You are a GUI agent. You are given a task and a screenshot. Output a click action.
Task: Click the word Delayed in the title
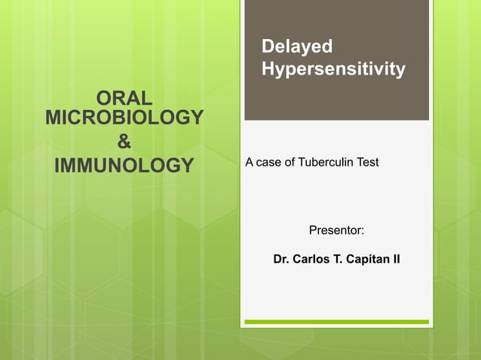[296, 47]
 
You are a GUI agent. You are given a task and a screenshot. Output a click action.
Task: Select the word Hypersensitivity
[332, 69]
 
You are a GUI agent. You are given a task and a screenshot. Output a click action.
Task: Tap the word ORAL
[124, 99]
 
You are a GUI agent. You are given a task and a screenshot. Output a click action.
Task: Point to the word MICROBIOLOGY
[124, 118]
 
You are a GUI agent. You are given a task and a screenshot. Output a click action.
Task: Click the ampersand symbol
[124, 141]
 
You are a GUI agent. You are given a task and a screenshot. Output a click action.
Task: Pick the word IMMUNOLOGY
[124, 165]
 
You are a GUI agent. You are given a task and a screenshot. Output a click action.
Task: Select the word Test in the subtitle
[367, 163]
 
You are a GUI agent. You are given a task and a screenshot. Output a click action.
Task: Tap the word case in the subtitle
[271, 163]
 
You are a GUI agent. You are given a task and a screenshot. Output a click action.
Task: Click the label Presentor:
[337, 228]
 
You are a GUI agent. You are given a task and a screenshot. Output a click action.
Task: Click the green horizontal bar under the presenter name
[336, 322]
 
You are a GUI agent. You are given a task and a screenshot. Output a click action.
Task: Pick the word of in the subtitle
[290, 163]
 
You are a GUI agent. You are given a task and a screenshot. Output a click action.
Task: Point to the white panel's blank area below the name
[336, 294]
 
